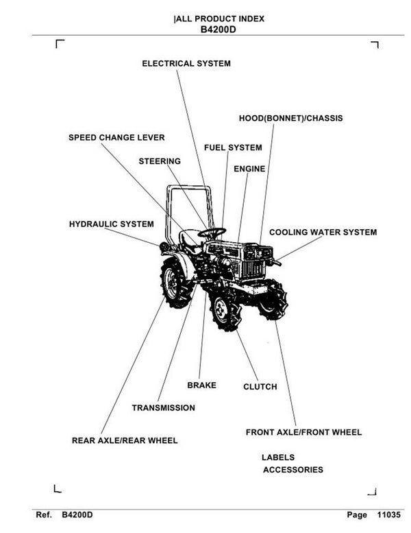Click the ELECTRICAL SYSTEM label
click(x=186, y=64)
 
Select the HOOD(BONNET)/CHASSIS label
click(x=290, y=119)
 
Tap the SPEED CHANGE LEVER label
click(x=116, y=138)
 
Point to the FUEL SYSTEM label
click(x=233, y=148)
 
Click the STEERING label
click(x=160, y=162)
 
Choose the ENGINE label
click(x=249, y=169)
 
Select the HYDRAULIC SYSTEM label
click(x=111, y=224)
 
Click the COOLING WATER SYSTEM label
click(x=323, y=233)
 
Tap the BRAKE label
click(x=201, y=386)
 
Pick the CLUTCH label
click(x=260, y=387)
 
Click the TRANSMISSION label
click(x=163, y=408)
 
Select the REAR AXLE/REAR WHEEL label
click(x=125, y=440)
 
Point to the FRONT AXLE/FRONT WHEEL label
click(x=303, y=433)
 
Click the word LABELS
click(x=278, y=457)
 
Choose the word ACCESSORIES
click(x=293, y=470)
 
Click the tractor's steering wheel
click(x=212, y=232)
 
